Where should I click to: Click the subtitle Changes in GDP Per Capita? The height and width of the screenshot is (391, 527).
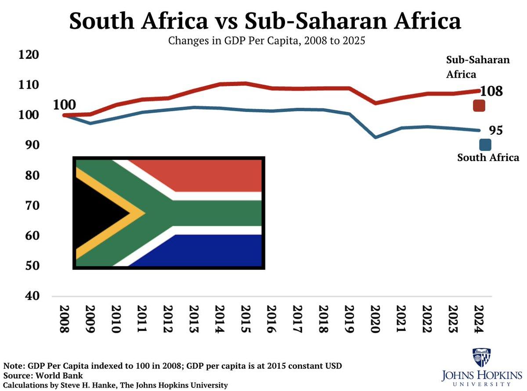tap(265, 42)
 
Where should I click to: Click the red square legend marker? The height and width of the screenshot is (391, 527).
tap(479, 106)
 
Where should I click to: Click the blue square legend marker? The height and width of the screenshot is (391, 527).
tap(485, 145)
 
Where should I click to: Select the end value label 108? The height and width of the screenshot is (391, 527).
tap(491, 91)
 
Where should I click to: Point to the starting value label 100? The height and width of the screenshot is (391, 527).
tap(65, 104)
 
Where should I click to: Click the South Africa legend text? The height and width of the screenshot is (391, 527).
tap(488, 158)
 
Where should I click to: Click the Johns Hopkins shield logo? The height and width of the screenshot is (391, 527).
tap(481, 358)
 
